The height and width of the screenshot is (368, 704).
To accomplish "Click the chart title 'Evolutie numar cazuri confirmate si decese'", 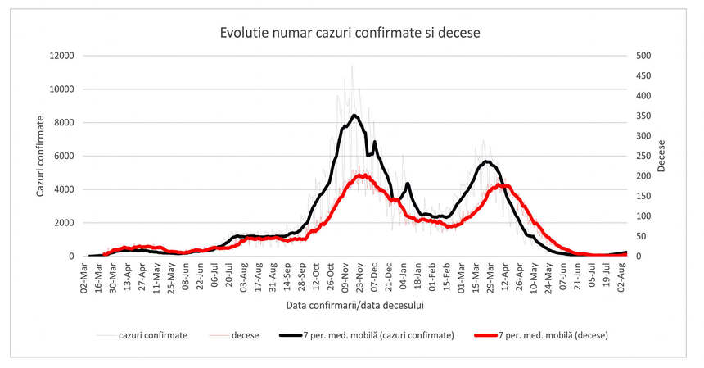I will click(350, 33).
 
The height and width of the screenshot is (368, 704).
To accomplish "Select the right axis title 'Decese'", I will click(661, 156).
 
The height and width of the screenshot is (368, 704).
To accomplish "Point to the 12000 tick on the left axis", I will click(62, 56).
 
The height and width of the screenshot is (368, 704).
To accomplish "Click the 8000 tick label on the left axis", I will click(65, 123).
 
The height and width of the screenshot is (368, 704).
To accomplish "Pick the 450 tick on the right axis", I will click(645, 76).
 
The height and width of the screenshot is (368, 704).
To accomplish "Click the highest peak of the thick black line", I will click(354, 115).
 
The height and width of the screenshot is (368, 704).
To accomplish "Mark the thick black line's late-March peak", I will click(487, 161).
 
